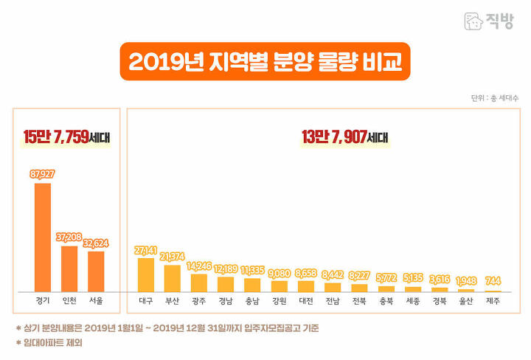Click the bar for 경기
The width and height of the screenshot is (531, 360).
[x=43, y=238]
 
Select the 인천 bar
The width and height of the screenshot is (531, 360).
[x=69, y=269]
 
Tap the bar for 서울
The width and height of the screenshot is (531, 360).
[x=96, y=271]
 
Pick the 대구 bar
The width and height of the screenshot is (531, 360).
[x=146, y=275]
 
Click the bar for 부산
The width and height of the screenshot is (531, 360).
[x=173, y=278]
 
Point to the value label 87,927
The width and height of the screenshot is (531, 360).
[x=42, y=174]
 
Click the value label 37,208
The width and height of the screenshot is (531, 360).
[x=69, y=237]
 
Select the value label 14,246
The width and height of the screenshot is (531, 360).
[x=199, y=266]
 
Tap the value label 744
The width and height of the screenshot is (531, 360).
[x=493, y=281]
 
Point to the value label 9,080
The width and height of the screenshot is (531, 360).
[x=280, y=273]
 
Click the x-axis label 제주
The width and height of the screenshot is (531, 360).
[x=493, y=301]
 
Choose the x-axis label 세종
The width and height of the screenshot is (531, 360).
[x=413, y=301]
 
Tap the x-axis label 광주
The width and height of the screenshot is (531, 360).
[x=199, y=301]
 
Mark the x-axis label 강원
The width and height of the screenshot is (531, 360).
[x=280, y=301]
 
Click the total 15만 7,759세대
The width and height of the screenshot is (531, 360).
[x=66, y=137]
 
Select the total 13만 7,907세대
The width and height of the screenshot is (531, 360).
[x=344, y=137]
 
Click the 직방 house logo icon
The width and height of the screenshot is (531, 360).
[x=473, y=21]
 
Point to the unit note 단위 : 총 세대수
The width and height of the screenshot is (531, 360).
[x=494, y=98]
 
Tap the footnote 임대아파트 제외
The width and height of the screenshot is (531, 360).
[x=53, y=343]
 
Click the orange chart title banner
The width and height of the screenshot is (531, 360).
[x=265, y=61]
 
